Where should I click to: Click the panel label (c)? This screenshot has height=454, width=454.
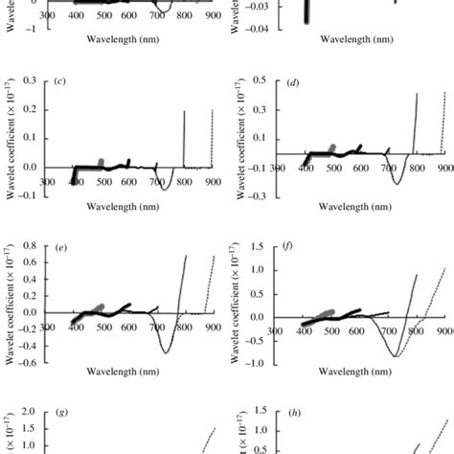pyautogui.click(x=60, y=79)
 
